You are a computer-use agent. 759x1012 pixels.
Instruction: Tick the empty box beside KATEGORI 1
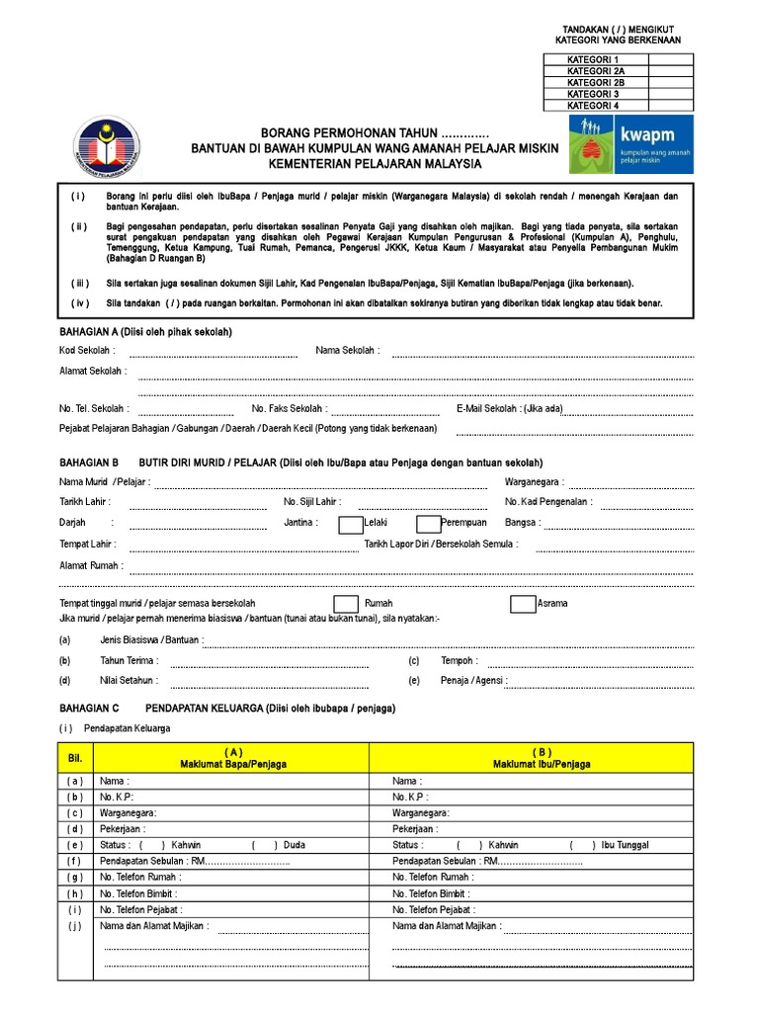[x=670, y=60]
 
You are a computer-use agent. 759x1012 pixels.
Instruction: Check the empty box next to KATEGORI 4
[x=670, y=105]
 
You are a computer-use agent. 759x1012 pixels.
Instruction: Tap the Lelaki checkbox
[x=350, y=524]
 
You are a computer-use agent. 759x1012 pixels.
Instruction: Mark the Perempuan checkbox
[x=428, y=524]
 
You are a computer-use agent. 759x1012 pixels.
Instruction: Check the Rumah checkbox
[x=345, y=604]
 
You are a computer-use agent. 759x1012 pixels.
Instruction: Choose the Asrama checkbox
[x=523, y=604]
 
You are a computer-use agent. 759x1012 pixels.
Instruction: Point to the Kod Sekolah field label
[x=87, y=350]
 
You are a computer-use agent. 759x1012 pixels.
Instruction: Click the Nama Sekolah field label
[x=347, y=350]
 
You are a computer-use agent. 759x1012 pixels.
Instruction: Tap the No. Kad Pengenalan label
[x=548, y=502]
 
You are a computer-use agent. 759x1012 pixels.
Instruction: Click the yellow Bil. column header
[x=74, y=758]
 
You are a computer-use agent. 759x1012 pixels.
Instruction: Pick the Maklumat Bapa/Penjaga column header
[x=233, y=758]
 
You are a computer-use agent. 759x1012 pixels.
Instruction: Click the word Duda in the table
[x=295, y=845]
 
